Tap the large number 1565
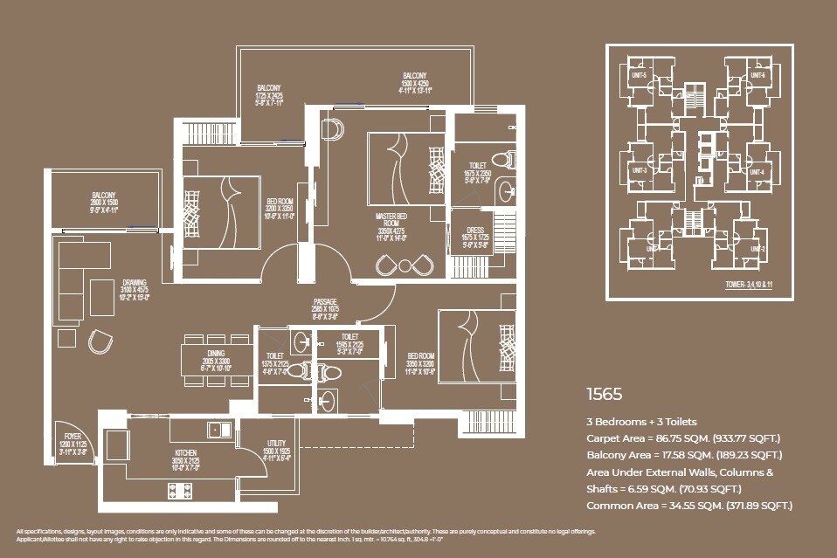pyautogui.click(x=605, y=394)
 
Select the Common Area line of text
pyautogui.click(x=688, y=506)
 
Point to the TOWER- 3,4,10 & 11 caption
pyautogui.click(x=754, y=285)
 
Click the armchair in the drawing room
pyautogui.click(x=100, y=339)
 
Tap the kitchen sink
pyautogui.click(x=218, y=429)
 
